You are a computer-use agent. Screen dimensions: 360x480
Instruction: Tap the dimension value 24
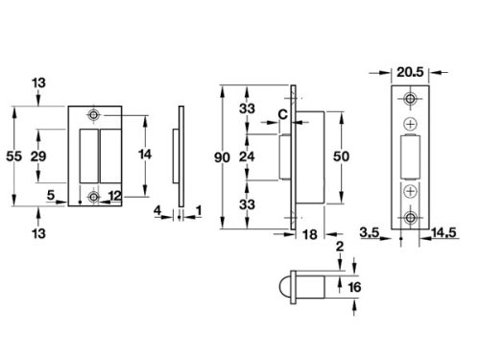pyautogui.click(x=248, y=156)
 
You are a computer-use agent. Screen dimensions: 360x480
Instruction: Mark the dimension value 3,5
pyautogui.click(x=370, y=231)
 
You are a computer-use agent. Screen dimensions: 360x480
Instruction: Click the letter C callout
pyautogui.click(x=282, y=115)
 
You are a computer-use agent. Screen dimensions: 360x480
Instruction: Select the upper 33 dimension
pyautogui.click(x=248, y=109)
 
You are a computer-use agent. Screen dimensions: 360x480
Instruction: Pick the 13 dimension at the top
pyautogui.click(x=38, y=84)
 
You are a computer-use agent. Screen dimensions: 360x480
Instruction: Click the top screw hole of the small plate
pyautogui.click(x=93, y=115)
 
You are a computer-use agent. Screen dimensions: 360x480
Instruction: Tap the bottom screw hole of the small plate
pyautogui.click(x=93, y=197)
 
